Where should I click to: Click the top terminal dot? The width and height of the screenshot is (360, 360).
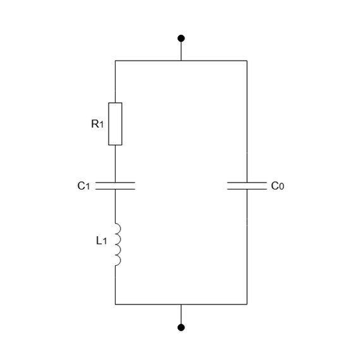(x=181, y=38)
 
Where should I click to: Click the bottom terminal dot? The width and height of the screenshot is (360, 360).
(x=181, y=327)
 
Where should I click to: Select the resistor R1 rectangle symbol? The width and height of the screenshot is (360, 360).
(x=115, y=124)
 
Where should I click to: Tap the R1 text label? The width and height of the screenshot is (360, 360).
(x=97, y=124)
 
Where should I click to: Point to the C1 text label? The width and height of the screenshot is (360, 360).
(x=83, y=186)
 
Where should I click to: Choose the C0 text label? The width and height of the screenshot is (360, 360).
(x=277, y=186)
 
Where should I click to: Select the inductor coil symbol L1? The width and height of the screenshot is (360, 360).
(x=117, y=243)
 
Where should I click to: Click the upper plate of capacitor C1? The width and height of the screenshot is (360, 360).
(x=115, y=182)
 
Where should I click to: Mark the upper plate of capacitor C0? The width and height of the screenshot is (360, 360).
(x=247, y=182)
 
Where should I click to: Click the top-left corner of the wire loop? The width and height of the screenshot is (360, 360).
(x=115, y=61)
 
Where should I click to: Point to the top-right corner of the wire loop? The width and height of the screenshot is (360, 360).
(x=247, y=61)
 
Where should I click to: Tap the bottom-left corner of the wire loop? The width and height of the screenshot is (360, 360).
(x=115, y=304)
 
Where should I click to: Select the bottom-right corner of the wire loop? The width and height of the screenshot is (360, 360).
(x=247, y=304)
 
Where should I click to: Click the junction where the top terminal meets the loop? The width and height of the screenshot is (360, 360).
(x=181, y=61)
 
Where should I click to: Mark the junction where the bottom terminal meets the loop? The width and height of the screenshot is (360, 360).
(x=181, y=304)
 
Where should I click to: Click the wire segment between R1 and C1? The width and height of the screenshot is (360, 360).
(x=115, y=163)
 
